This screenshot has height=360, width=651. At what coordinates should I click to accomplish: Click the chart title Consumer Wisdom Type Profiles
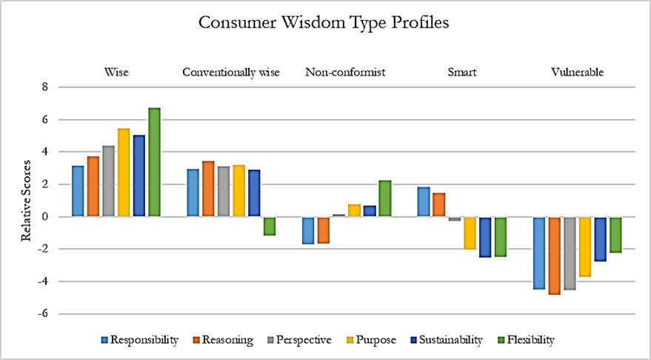point(324,23)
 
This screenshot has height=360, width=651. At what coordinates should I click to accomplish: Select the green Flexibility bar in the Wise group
point(154,162)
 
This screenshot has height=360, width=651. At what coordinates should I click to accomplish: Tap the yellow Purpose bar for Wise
point(124,173)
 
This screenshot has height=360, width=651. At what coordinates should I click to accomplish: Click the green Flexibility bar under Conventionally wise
point(269,226)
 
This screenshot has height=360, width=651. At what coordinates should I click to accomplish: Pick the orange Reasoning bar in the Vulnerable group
point(555,256)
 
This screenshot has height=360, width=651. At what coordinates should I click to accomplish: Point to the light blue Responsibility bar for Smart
point(424,201)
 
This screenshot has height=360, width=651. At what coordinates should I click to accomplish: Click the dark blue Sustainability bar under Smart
point(485,237)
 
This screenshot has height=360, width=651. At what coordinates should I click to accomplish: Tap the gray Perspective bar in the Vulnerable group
point(570,253)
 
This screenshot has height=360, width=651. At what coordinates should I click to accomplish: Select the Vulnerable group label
point(578,73)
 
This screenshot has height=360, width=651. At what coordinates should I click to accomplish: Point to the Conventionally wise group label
point(230,73)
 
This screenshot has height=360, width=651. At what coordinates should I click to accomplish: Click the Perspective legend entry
point(301,340)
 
